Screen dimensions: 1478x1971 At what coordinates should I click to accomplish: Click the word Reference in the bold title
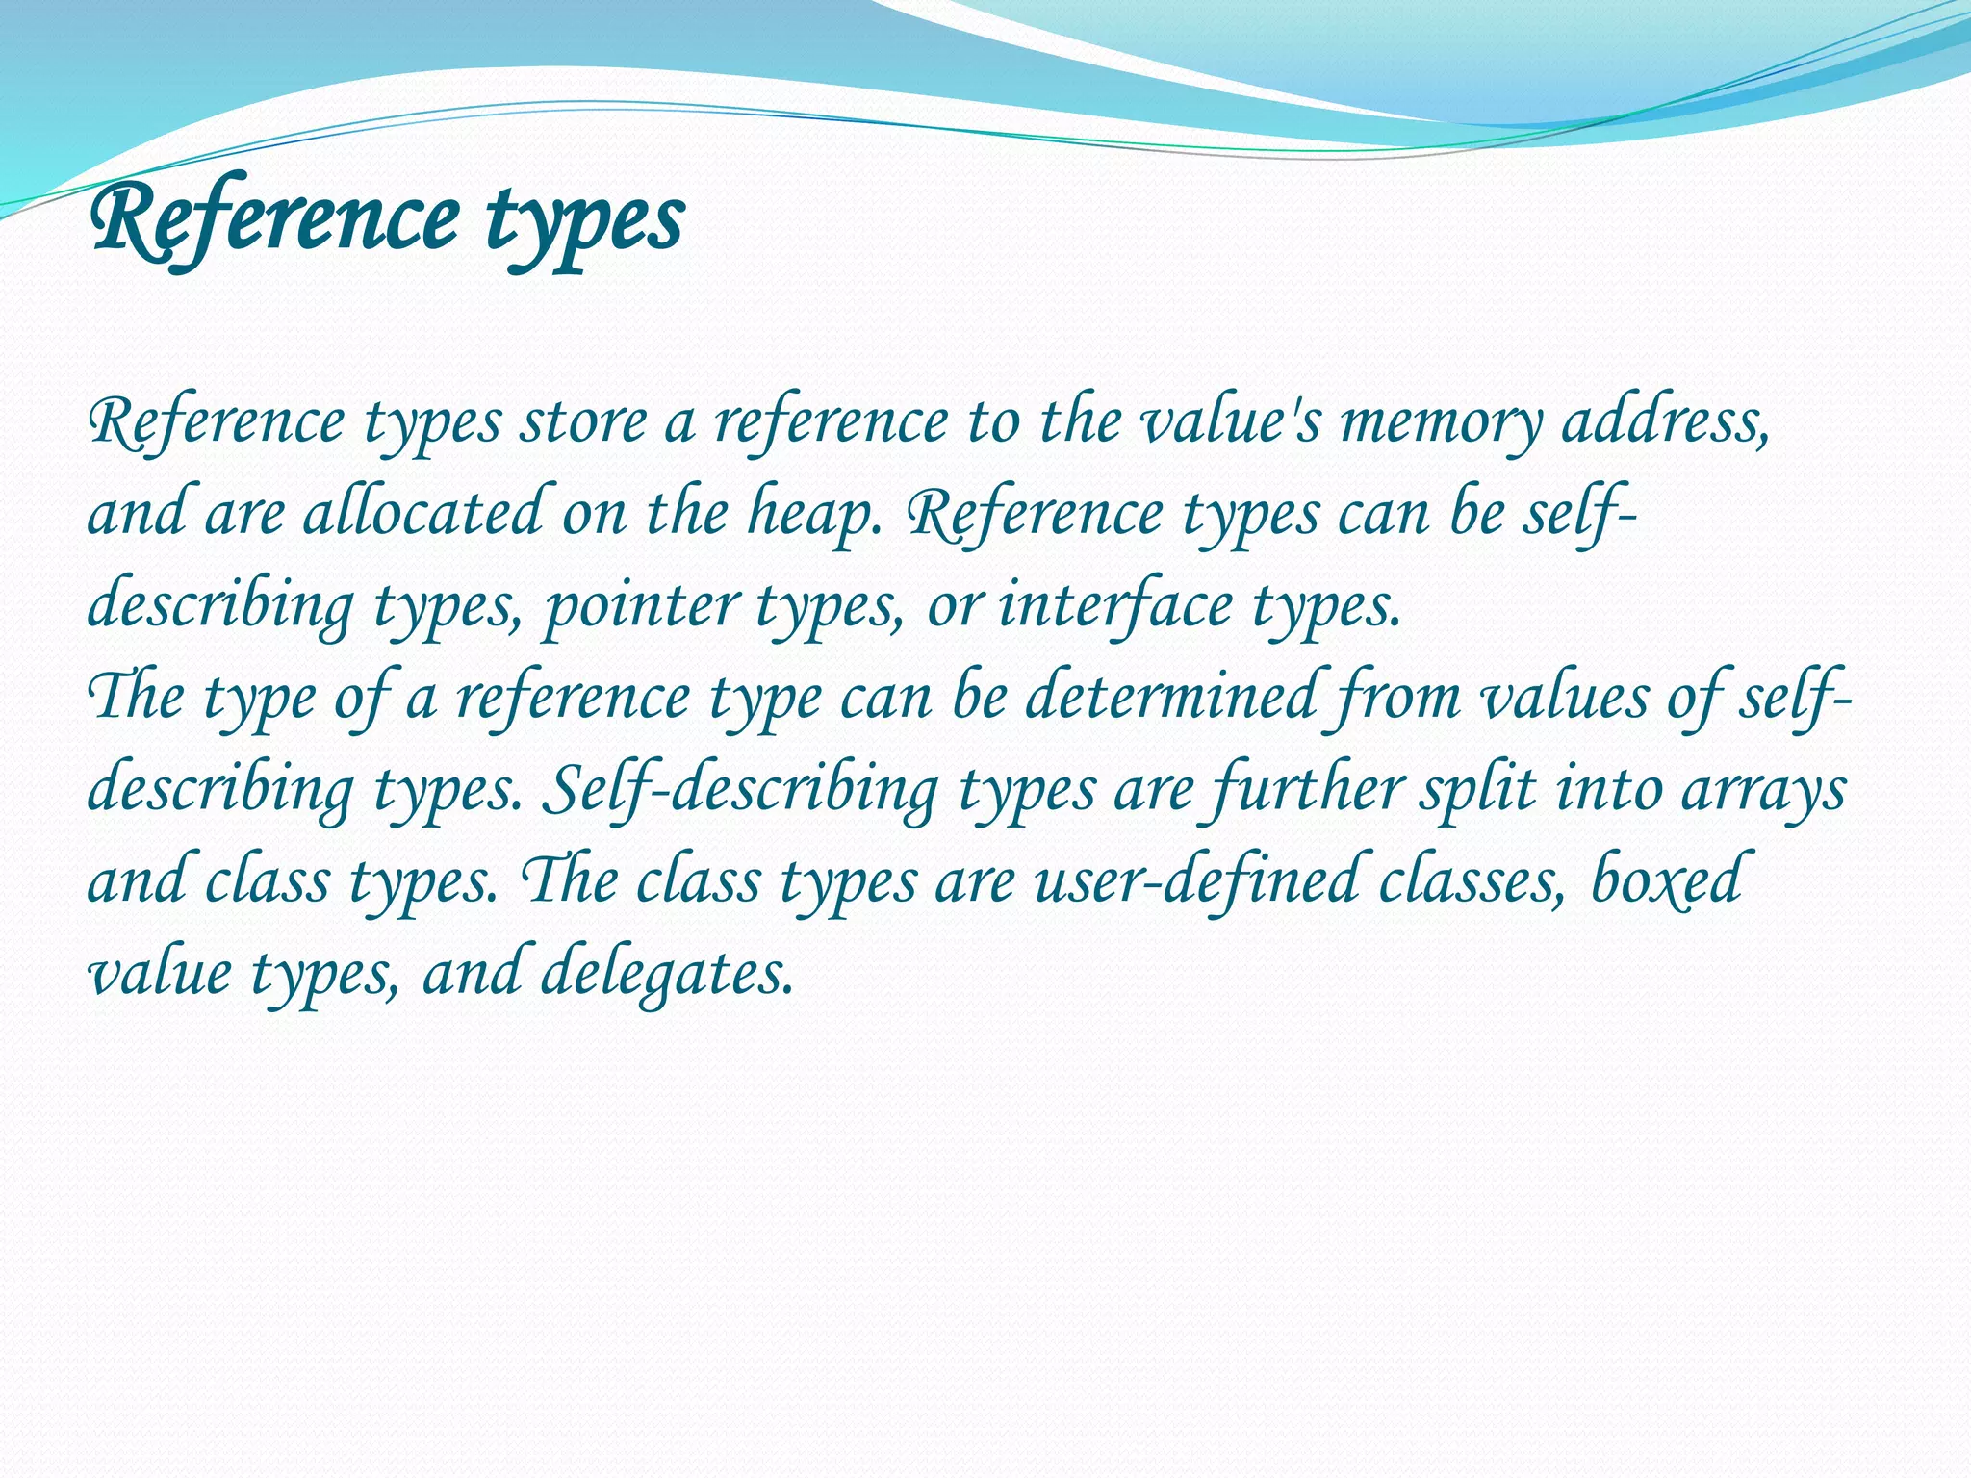click(x=272, y=218)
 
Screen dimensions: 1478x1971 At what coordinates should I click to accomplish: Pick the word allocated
click(x=423, y=513)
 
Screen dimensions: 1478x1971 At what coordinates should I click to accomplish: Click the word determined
click(x=1169, y=696)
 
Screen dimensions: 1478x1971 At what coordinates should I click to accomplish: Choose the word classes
click(x=1469, y=880)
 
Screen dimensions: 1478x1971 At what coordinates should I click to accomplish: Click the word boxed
click(x=1665, y=880)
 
